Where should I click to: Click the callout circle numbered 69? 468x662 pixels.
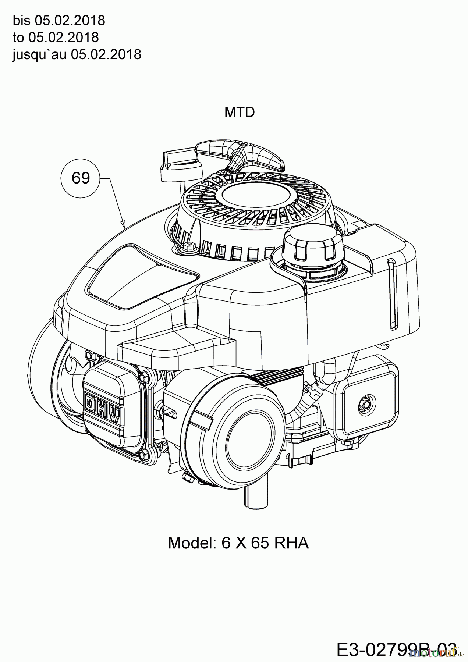(81, 178)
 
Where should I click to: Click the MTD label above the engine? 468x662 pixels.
(240, 112)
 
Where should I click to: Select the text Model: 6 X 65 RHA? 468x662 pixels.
(238, 542)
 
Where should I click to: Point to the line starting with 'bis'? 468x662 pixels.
(59, 21)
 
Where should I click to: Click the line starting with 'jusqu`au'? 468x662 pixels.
(77, 54)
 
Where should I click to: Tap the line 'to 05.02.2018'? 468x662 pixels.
(56, 38)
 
